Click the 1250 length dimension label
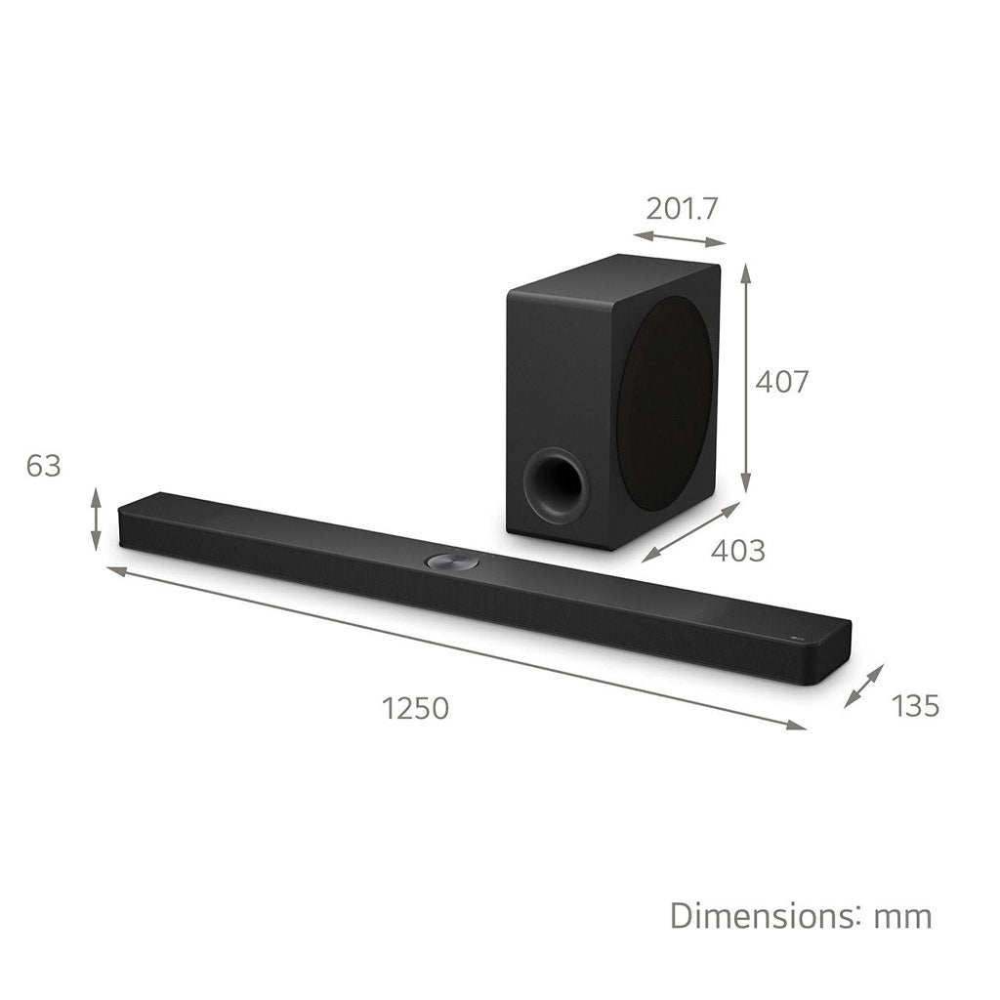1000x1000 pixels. pos(415,708)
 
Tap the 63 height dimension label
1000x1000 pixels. pos(43,467)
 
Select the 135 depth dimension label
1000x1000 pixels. pos(915,705)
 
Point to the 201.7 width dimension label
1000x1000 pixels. pos(682,208)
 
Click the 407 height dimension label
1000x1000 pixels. pos(781,381)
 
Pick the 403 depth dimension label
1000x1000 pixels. pos(737,551)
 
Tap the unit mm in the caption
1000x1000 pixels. pos(902,916)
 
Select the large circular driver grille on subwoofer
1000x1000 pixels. pos(667,400)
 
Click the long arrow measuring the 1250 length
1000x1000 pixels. pos(456,646)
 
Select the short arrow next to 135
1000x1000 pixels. pos(864,686)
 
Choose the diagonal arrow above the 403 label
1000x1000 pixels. pos(690,532)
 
